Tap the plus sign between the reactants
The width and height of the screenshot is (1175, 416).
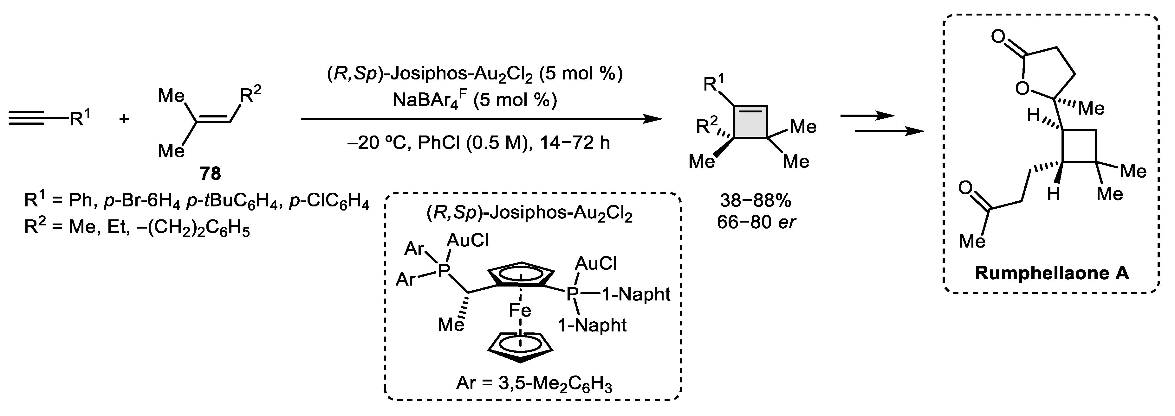(124, 119)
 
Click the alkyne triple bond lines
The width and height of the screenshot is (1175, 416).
(32, 119)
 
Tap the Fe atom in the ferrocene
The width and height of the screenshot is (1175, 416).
(520, 311)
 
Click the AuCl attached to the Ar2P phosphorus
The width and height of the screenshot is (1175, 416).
(468, 240)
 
